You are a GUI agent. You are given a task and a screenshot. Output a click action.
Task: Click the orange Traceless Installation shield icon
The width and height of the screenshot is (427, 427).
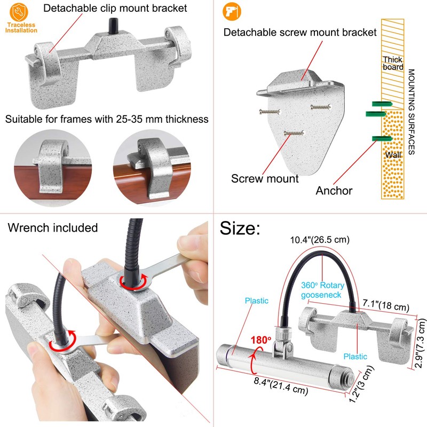click(19, 12)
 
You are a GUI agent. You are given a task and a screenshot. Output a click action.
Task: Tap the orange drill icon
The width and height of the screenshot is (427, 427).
click(232, 11)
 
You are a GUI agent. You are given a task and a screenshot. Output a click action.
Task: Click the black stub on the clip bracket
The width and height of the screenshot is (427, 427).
click(113, 26)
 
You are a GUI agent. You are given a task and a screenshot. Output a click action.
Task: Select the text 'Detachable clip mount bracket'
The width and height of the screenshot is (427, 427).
click(115, 8)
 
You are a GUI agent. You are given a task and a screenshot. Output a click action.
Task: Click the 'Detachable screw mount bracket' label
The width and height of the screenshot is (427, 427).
click(300, 32)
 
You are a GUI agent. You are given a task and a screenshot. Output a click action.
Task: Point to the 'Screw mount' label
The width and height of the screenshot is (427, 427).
click(265, 179)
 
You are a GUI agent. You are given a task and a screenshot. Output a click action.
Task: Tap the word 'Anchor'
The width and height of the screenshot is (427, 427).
click(334, 191)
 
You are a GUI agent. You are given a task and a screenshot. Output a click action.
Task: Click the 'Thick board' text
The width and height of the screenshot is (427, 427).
click(393, 63)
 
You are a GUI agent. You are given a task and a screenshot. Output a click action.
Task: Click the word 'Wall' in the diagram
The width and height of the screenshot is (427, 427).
click(393, 155)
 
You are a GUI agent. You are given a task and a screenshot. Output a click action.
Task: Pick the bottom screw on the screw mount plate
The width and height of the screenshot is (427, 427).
click(294, 133)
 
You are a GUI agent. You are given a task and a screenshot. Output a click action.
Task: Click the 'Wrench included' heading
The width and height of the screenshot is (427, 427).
click(52, 228)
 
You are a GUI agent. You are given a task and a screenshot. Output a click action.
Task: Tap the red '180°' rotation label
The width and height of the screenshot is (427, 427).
click(260, 340)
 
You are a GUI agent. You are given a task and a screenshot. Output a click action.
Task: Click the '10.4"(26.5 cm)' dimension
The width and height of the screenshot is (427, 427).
click(319, 240)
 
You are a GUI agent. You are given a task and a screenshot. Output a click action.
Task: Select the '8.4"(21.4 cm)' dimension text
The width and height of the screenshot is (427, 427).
click(281, 385)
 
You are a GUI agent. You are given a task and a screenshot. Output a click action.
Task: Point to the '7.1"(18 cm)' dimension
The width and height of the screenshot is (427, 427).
click(386, 305)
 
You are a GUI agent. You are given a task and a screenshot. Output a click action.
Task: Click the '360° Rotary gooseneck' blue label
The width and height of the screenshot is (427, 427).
click(322, 290)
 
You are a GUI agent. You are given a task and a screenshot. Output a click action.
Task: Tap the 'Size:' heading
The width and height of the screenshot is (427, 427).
click(240, 228)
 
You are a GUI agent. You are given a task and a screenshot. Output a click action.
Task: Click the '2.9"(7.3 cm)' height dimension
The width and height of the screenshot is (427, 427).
click(420, 344)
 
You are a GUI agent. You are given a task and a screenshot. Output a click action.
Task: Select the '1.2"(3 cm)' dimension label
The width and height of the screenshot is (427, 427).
click(362, 384)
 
